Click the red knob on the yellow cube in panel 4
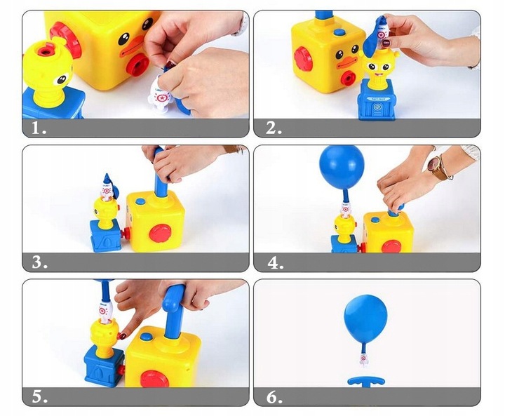(x=391, y=246)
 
